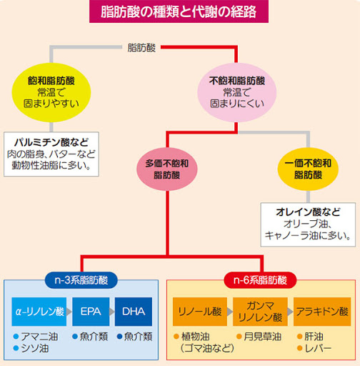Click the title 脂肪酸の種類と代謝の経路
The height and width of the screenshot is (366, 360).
tap(179, 12)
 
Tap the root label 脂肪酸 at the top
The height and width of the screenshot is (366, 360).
tap(140, 48)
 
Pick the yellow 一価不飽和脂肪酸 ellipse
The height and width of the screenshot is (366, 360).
tap(307, 169)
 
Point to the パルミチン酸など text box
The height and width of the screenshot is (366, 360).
tap(54, 153)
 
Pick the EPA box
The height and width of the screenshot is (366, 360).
tap(91, 312)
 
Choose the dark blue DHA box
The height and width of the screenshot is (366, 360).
tap(134, 312)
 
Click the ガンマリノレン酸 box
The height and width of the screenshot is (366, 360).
tap(259, 312)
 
